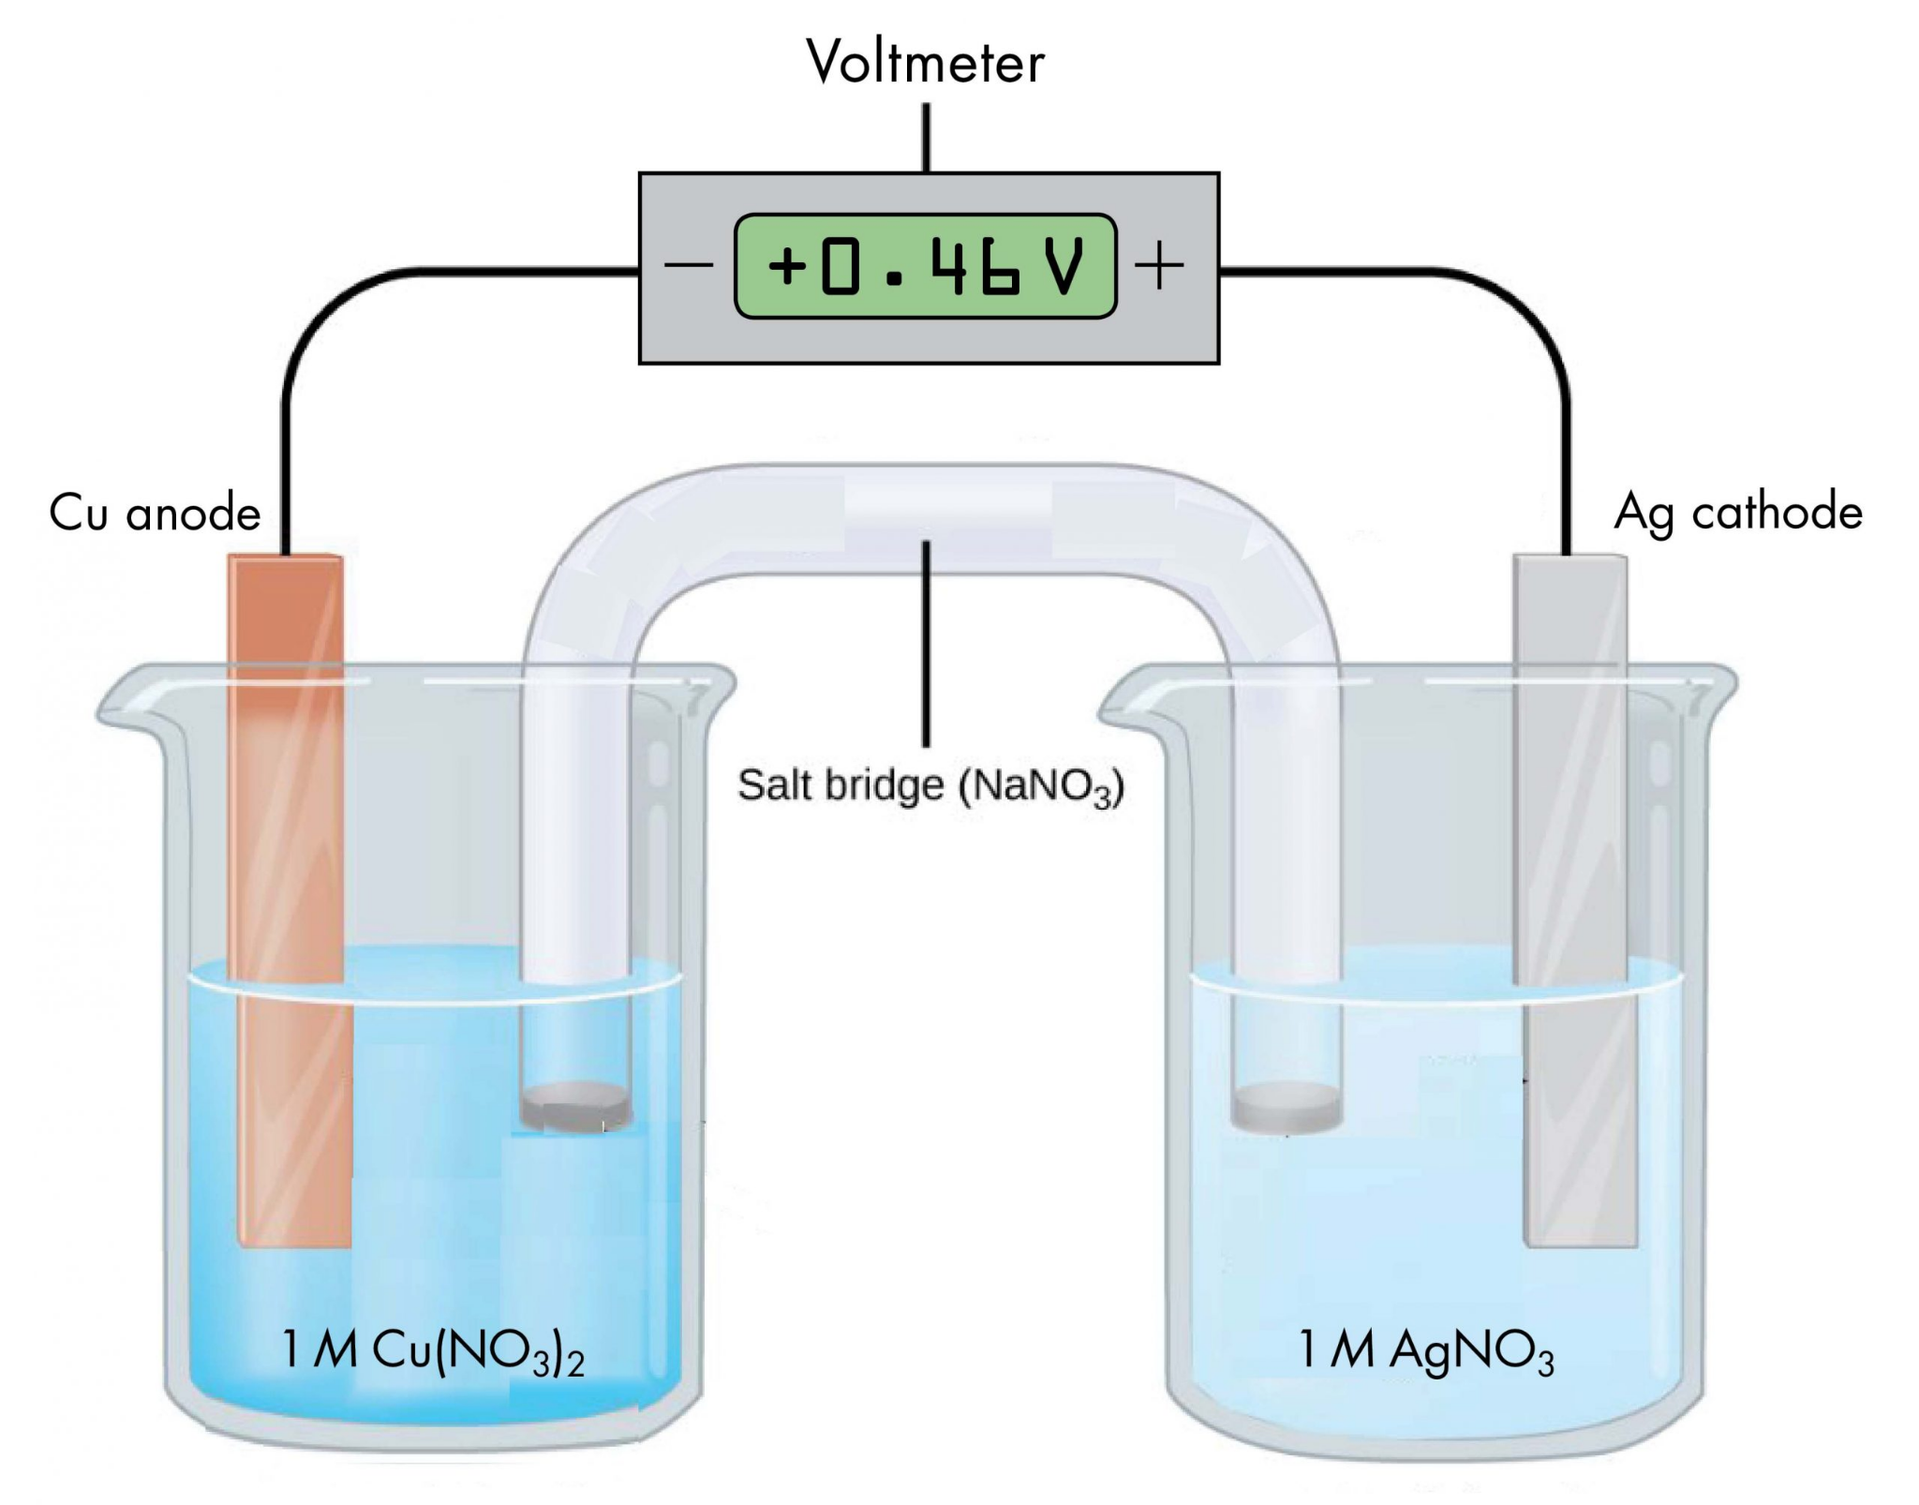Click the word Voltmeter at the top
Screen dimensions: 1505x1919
pos(925,62)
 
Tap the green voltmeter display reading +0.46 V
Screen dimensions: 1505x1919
pos(925,266)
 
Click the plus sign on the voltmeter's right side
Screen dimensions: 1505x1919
pos(1159,265)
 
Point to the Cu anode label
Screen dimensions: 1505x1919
pos(155,513)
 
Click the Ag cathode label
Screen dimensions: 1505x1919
pos(1737,512)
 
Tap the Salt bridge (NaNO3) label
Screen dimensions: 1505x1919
pos(930,785)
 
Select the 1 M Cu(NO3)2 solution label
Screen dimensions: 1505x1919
pos(433,1351)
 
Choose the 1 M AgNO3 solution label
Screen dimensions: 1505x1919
pos(1425,1351)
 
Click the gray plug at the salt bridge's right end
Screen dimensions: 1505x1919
pos(1287,1109)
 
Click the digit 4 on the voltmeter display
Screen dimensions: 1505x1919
pos(949,266)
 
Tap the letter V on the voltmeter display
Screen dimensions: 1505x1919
pos(1064,266)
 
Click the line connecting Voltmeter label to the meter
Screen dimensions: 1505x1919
pos(927,137)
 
